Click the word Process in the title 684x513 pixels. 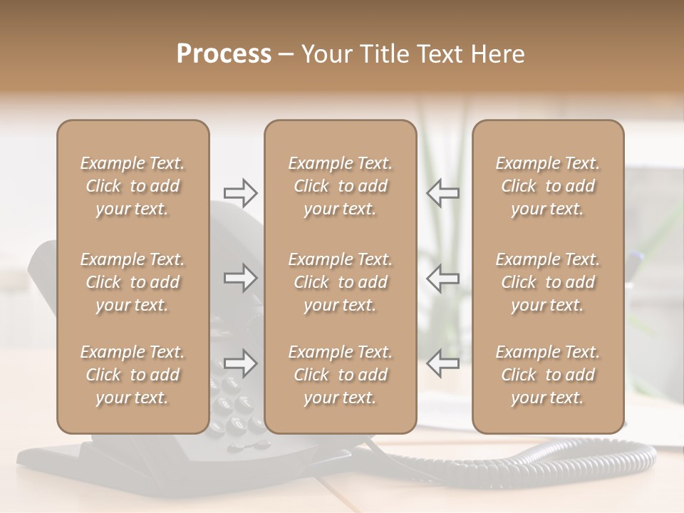coord(224,54)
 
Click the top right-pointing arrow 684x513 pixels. coord(240,192)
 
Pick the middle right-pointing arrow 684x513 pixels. coord(240,278)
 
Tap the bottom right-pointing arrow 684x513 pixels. coord(240,363)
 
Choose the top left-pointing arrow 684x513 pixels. coord(443,192)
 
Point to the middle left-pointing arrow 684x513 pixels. coord(443,278)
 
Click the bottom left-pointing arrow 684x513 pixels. coord(443,363)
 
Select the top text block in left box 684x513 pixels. coord(133,186)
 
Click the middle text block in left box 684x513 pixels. coord(133,282)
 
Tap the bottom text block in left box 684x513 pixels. coord(133,375)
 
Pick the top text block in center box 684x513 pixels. coord(340,186)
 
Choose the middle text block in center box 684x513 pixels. coord(340,282)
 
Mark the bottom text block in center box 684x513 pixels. coord(340,375)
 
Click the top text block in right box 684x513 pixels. coord(547,186)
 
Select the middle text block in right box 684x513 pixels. coord(547,282)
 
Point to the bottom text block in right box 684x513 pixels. coord(547,375)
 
